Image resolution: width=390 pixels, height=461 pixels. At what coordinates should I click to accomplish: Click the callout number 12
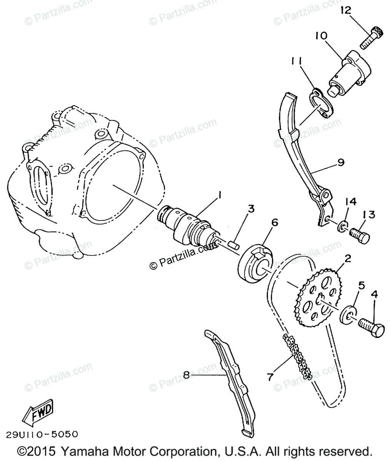tap(345, 11)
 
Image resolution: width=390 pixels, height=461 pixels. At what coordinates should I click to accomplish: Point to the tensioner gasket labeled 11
tap(321, 103)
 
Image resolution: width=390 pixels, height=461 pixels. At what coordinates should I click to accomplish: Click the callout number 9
tap(340, 162)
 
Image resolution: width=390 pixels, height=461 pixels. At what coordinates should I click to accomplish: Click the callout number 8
tap(187, 375)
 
